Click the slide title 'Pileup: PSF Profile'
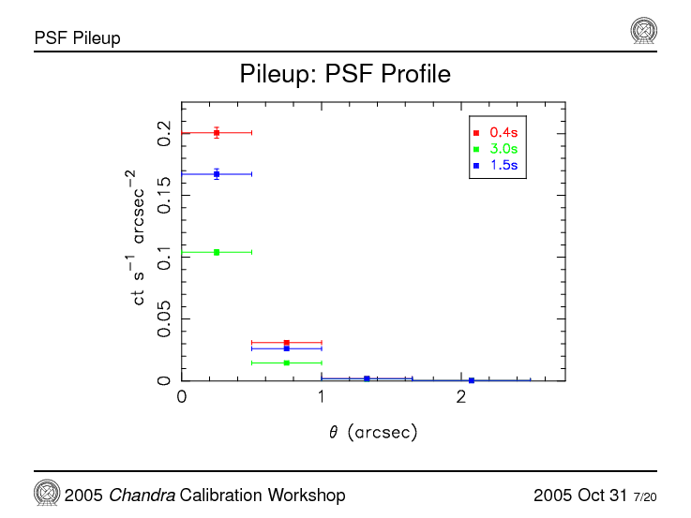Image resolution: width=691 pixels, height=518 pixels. tap(345, 73)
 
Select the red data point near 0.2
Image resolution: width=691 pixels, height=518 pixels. tap(217, 133)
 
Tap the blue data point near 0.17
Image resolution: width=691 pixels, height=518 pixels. tap(217, 174)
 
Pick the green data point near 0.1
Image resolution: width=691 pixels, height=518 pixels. tap(217, 252)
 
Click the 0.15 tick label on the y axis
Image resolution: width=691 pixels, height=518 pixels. tap(165, 195)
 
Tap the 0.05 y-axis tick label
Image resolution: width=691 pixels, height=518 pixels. tap(165, 319)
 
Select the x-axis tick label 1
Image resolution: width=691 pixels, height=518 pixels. tap(322, 398)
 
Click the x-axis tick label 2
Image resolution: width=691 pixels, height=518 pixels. tap(461, 398)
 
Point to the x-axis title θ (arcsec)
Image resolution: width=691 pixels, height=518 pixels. tap(372, 433)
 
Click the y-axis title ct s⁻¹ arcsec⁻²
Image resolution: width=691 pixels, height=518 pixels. tap(139, 238)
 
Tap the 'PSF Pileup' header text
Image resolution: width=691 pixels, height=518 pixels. tap(77, 38)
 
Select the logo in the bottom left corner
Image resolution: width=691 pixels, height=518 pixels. tap(47, 493)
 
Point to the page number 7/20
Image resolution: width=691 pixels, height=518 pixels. tap(645, 496)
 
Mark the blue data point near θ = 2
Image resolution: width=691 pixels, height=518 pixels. tap(472, 380)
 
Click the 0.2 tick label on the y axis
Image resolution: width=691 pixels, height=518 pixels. tap(165, 133)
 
